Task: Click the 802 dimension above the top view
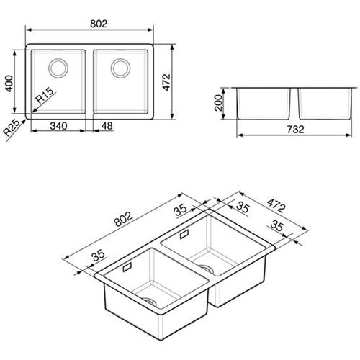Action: click(x=99, y=24)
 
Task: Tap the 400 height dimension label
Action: click(x=9, y=84)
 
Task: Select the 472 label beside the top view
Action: click(x=166, y=82)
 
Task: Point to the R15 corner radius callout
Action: click(x=44, y=95)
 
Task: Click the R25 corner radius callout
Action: click(x=12, y=127)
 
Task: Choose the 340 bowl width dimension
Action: click(x=58, y=126)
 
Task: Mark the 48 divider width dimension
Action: click(x=107, y=126)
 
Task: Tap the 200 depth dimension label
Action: click(x=218, y=103)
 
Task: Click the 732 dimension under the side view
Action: click(x=295, y=130)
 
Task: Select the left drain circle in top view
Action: click(x=58, y=68)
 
